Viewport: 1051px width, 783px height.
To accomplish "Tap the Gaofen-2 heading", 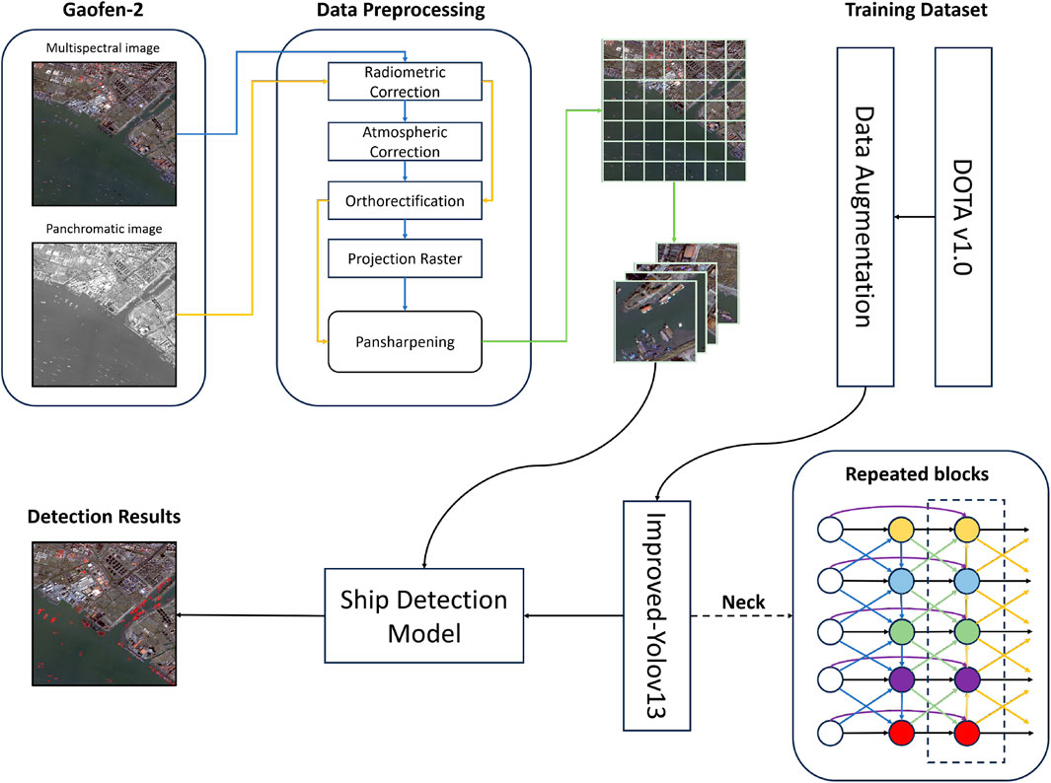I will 107,12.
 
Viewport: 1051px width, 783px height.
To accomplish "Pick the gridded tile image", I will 671,111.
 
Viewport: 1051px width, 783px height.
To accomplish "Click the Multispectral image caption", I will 104,45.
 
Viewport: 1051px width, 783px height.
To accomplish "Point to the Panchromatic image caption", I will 104,229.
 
